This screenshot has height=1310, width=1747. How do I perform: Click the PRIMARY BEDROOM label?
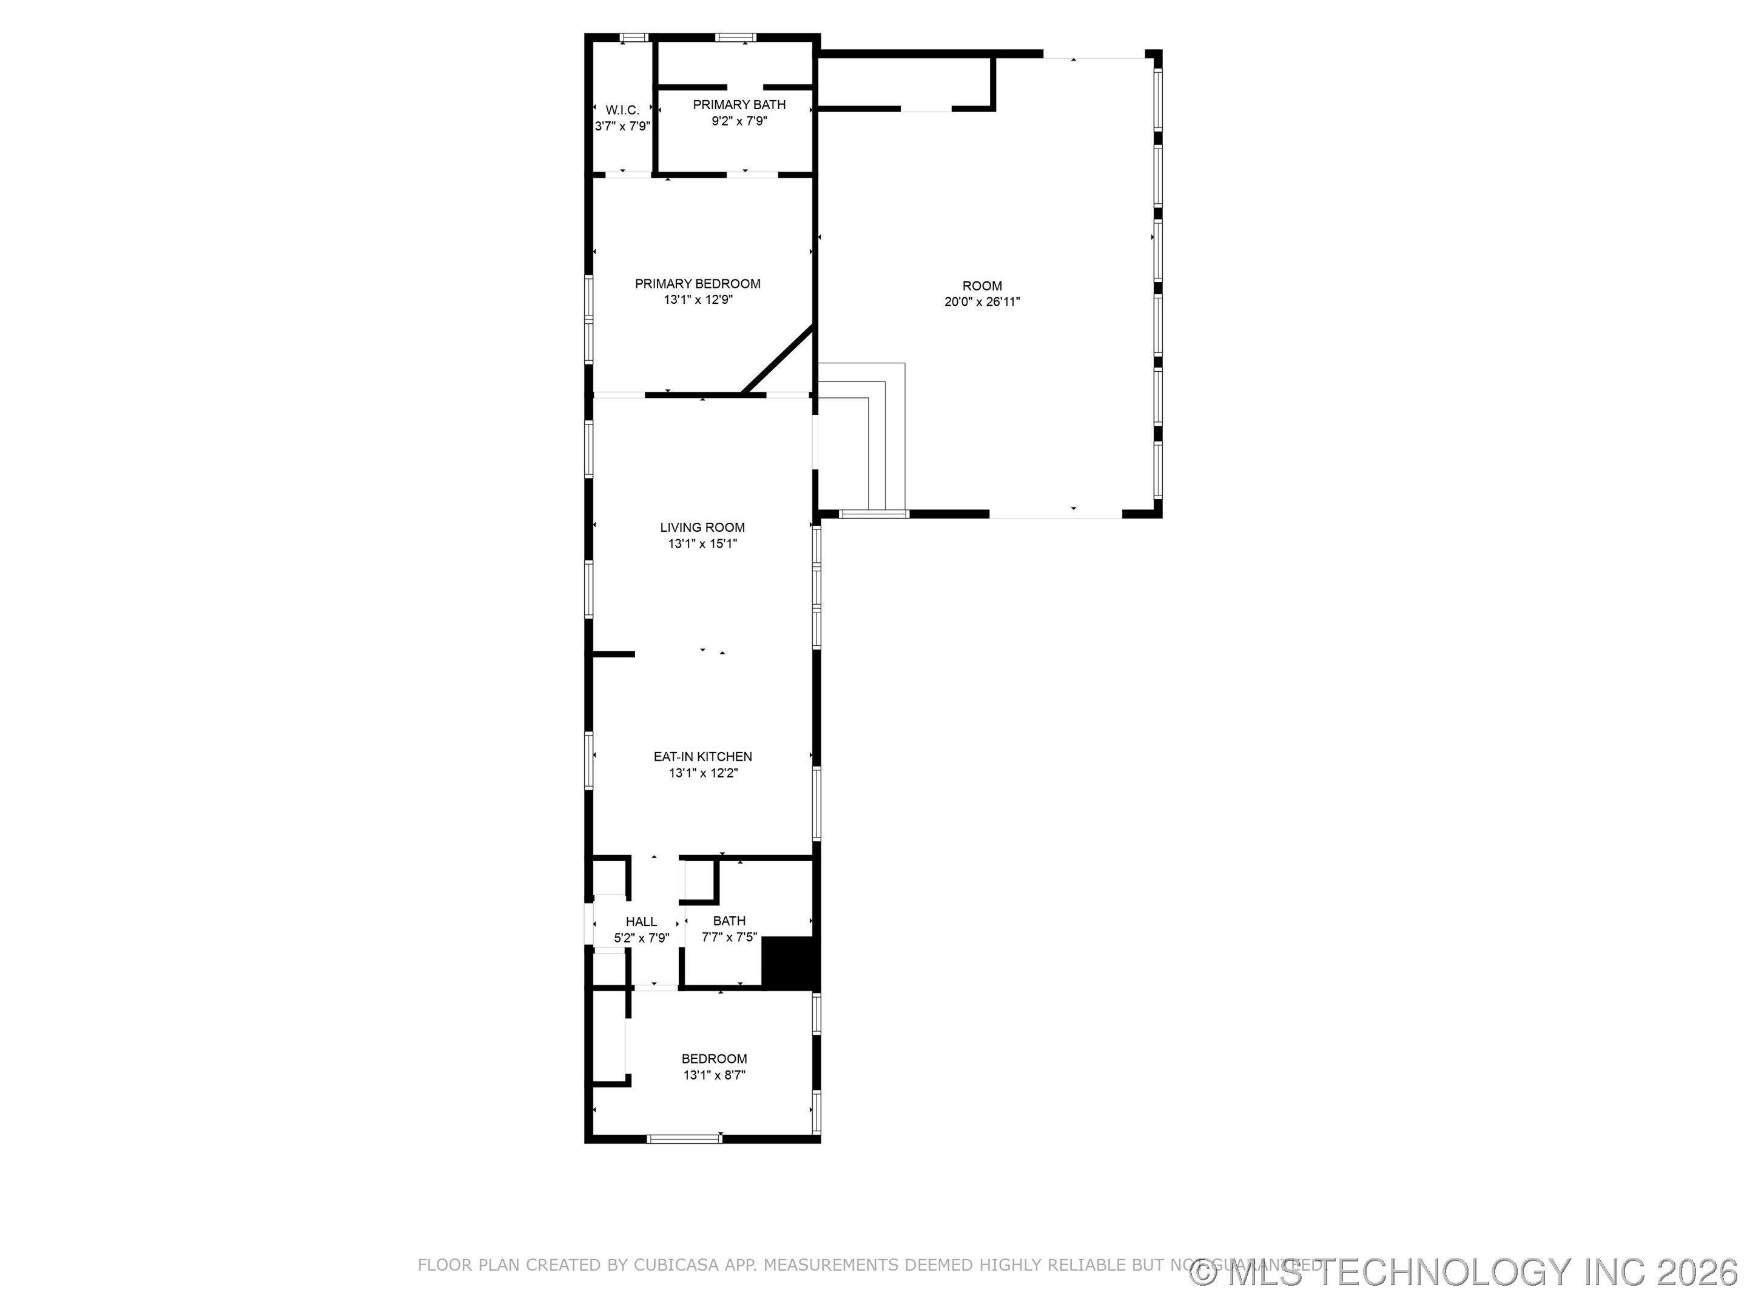coord(698,283)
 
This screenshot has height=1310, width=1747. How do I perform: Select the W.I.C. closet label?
coord(622,110)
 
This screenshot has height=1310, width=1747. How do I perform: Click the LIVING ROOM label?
coord(702,528)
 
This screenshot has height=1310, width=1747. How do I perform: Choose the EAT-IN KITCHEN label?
coord(702,756)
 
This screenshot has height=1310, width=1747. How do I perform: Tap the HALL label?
coord(641,921)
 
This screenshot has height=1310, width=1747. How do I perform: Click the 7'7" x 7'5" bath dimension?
coord(729,937)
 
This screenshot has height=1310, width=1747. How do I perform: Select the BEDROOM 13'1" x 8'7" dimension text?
coord(714,1075)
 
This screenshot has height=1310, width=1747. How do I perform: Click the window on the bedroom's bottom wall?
coord(684,1138)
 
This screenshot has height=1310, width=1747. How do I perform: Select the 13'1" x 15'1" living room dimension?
coord(702,543)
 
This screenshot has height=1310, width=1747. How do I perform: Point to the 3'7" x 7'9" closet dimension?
coord(622,126)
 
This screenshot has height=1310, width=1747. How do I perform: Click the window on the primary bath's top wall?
coord(735,37)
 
